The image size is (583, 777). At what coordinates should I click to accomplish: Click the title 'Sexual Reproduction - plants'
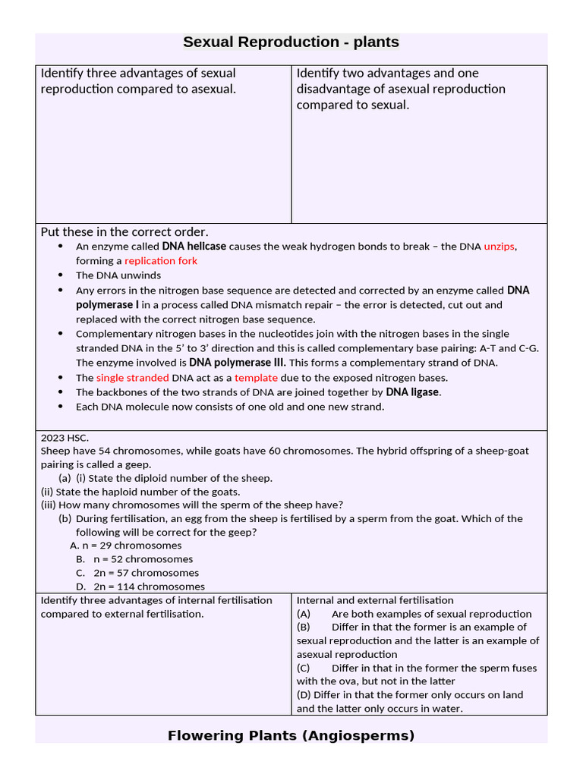[291, 42]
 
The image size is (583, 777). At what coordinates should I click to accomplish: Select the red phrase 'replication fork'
[161, 261]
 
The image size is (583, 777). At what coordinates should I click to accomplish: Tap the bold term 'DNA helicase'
[194, 247]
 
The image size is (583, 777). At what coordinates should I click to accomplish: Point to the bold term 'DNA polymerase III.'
[238, 363]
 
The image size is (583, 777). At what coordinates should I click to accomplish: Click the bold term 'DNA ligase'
[413, 392]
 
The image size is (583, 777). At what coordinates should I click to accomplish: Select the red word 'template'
[256, 378]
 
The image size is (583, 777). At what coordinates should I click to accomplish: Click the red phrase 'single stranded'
[133, 378]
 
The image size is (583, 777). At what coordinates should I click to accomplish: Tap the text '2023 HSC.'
[65, 437]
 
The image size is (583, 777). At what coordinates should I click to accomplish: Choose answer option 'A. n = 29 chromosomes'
[126, 546]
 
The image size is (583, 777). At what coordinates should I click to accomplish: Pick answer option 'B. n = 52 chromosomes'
[134, 559]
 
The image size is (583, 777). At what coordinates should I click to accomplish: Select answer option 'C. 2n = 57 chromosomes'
[137, 573]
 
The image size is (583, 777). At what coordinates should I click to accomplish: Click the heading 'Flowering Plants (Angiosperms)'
[291, 735]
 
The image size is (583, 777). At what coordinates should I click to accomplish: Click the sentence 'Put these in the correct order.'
[124, 231]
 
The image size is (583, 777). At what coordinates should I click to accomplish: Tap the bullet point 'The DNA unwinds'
[112, 275]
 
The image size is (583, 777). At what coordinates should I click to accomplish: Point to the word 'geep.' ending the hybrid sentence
[139, 464]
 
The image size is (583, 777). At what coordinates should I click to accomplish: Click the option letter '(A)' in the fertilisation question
[304, 614]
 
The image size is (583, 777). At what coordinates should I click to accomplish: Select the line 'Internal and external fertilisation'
[375, 600]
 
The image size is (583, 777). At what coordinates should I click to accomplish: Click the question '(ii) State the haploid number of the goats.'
[140, 492]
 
